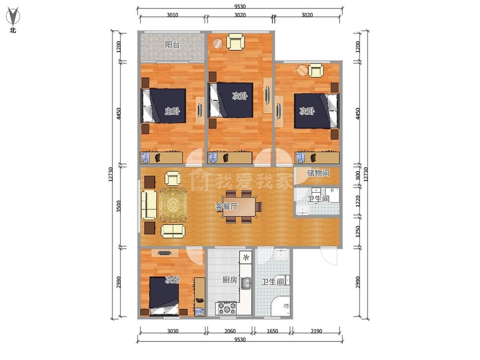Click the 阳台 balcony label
tap(172, 45)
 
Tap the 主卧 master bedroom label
tap(172, 111)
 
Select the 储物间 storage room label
tap(318, 173)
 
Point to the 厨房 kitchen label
tap(230, 280)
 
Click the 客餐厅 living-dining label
tap(227, 206)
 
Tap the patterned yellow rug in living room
tap(173, 205)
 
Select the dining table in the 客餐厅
tap(241, 207)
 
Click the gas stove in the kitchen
tap(227, 308)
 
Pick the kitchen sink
tap(246, 283)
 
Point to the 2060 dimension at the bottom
tap(230, 331)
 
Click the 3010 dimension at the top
tap(172, 15)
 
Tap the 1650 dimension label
tap(273, 331)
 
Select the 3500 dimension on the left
tap(119, 206)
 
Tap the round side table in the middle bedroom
tap(218, 44)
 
